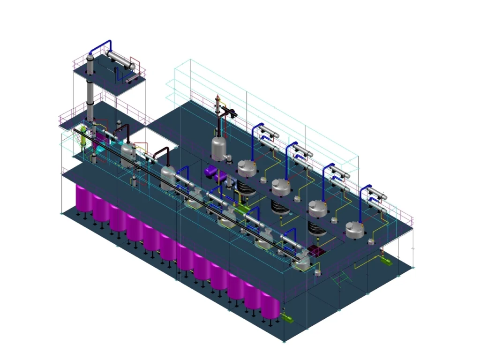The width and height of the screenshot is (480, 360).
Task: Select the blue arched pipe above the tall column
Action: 101,45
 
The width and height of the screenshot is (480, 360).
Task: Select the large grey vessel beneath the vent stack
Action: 218,148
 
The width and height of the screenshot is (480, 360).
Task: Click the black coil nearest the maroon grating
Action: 315,229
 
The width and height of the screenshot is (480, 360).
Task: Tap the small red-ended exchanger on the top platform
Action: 132,79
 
